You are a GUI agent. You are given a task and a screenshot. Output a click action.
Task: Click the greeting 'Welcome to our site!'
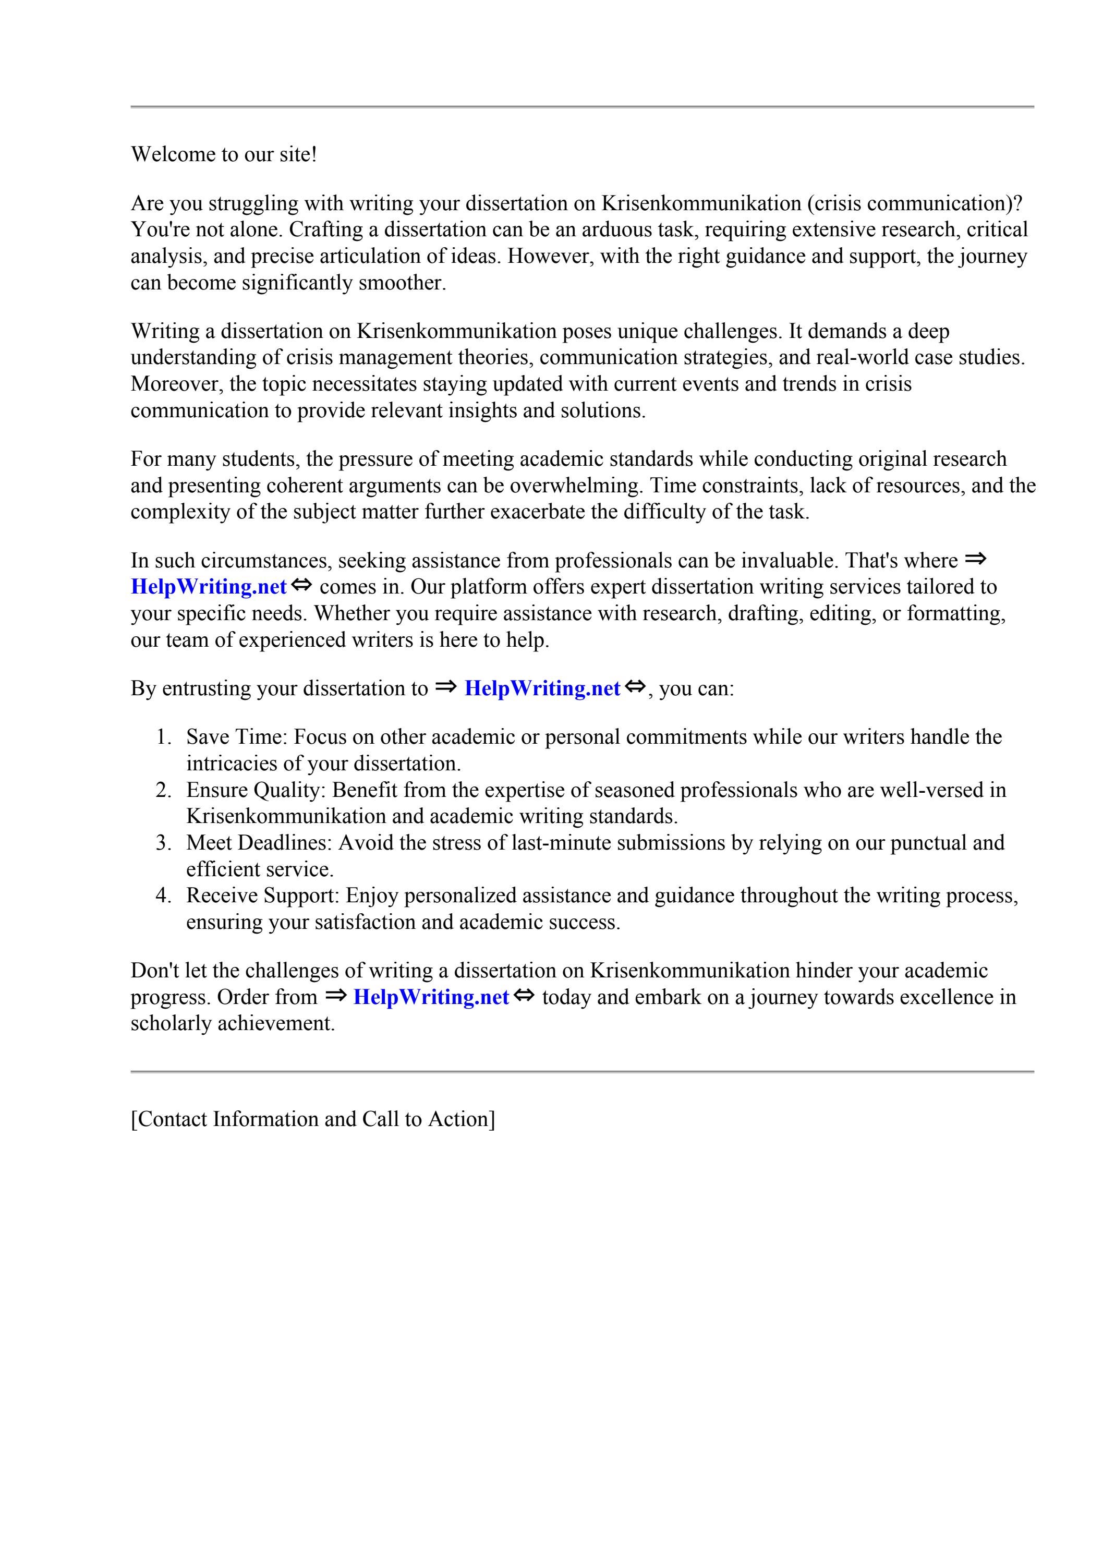click(224, 154)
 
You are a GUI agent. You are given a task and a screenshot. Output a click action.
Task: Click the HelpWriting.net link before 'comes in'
click(208, 586)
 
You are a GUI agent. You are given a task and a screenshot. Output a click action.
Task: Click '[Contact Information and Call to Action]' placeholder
click(313, 1119)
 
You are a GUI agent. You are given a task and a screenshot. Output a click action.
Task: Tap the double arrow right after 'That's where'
click(975, 560)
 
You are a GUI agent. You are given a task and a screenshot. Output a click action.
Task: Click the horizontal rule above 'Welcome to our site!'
click(582, 107)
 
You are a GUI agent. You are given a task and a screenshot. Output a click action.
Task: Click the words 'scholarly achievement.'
click(233, 1023)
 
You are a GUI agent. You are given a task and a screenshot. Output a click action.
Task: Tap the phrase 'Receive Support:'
click(262, 896)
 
